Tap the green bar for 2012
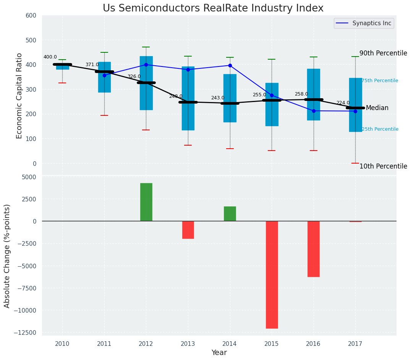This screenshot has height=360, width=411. click(146, 202)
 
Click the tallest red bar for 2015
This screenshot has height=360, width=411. click(272, 274)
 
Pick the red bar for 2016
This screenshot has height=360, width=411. click(314, 249)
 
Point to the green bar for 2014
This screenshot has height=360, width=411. click(230, 214)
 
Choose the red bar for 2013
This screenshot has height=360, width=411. click(188, 230)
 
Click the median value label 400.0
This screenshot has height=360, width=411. click(50, 57)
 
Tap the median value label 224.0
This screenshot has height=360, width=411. click(343, 103)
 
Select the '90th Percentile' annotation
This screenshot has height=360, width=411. click(383, 53)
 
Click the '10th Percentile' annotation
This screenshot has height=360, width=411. click(383, 166)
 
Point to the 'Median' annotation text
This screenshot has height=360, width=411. click(377, 108)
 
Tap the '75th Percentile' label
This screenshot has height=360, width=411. click(380, 81)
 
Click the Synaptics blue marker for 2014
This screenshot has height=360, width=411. click(230, 65)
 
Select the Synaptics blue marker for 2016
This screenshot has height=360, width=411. click(314, 111)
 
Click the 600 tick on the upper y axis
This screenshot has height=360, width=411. click(31, 15)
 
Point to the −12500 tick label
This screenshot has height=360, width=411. click(25, 332)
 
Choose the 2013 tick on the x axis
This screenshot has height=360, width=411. click(188, 344)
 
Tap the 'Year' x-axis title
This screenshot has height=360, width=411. click(219, 353)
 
